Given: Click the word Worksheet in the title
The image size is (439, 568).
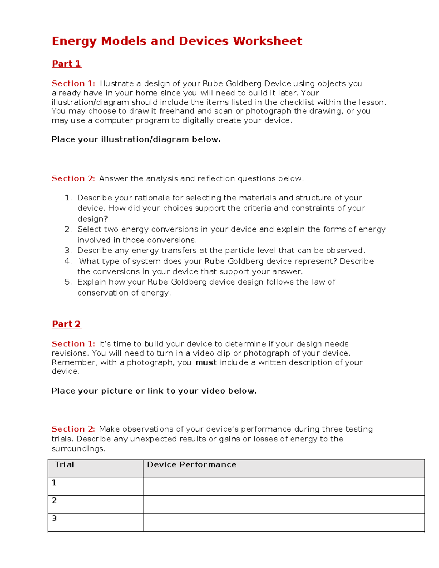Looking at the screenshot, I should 267,41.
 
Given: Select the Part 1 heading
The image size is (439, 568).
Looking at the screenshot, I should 66,64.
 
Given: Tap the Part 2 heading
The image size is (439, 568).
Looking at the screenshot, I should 66,324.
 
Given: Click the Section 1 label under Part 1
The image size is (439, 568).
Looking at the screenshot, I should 73,84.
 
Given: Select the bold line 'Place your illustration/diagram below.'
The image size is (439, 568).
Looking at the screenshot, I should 136,139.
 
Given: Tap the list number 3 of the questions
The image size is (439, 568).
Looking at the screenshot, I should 68,251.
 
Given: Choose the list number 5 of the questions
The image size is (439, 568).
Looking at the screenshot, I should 68,282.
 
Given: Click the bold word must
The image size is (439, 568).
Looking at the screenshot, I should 206,362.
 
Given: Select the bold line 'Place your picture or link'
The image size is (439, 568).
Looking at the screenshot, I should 154,391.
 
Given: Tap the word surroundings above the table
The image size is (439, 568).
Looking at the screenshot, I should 78,449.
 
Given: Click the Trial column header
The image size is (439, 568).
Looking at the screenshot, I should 64,465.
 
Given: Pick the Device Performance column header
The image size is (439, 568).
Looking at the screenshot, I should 191,465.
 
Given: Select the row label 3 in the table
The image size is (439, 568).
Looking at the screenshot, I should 54,518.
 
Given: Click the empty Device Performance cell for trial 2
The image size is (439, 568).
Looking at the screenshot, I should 284,504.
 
